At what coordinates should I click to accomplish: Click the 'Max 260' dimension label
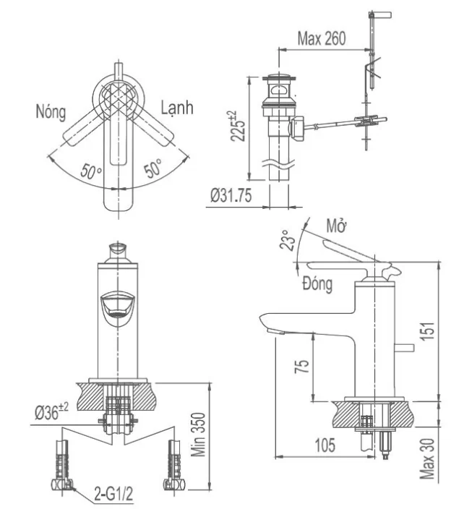(321, 38)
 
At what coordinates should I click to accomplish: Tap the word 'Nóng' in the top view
(50, 112)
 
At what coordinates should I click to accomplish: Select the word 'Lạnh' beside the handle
(176, 108)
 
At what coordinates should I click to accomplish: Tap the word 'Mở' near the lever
(334, 226)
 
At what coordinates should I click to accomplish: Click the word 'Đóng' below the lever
(317, 283)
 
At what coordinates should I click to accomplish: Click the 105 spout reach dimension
(325, 445)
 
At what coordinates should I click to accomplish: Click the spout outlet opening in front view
(117, 306)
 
